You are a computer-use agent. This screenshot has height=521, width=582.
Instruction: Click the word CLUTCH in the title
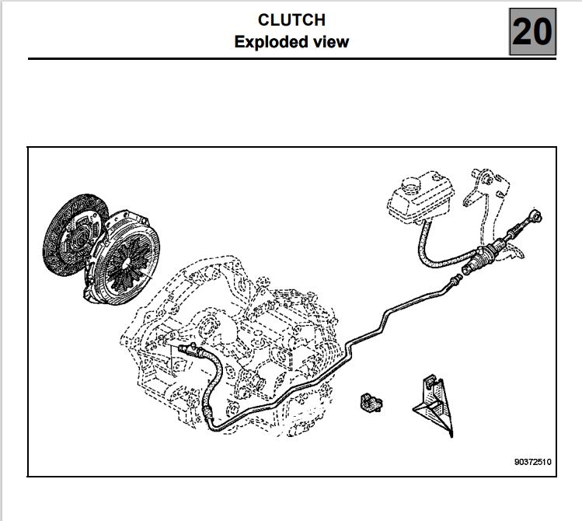pyautogui.click(x=291, y=20)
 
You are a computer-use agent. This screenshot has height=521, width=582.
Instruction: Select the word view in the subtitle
pyautogui.click(x=331, y=42)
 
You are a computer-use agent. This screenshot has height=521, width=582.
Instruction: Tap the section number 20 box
pyautogui.click(x=532, y=32)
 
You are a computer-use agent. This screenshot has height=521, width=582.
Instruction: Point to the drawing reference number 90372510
pyautogui.click(x=532, y=462)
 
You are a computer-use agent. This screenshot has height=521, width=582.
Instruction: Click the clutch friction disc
pyautogui.click(x=71, y=234)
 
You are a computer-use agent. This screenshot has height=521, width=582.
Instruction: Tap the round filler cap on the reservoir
pyautogui.click(x=411, y=184)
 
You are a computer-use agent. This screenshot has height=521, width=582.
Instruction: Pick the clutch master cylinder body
pyautogui.click(x=483, y=257)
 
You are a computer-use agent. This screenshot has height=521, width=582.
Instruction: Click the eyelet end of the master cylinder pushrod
pyautogui.click(x=535, y=216)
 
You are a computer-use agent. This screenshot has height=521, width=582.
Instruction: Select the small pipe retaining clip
pyautogui.click(x=371, y=403)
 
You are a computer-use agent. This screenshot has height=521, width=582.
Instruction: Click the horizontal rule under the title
pyautogui.click(x=292, y=58)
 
